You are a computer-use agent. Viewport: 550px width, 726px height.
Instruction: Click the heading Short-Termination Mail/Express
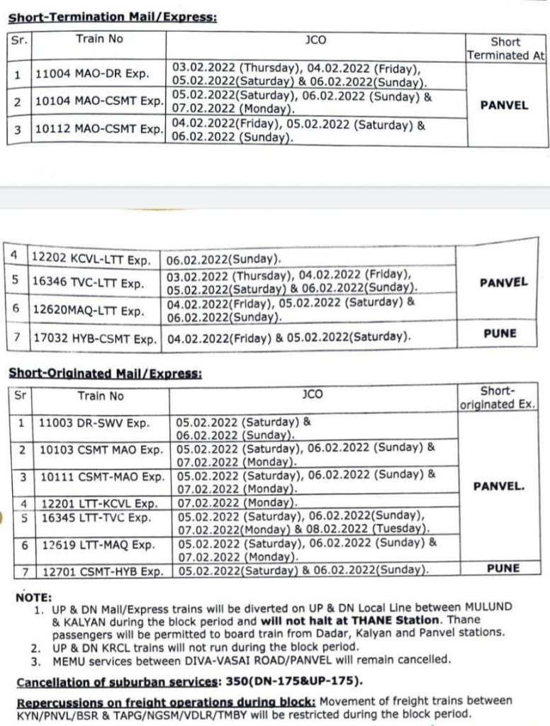pos(112,17)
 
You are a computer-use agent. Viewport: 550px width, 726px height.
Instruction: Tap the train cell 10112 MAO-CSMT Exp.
pos(99,130)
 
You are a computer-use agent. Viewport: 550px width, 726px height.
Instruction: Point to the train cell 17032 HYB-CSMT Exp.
pos(95,338)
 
